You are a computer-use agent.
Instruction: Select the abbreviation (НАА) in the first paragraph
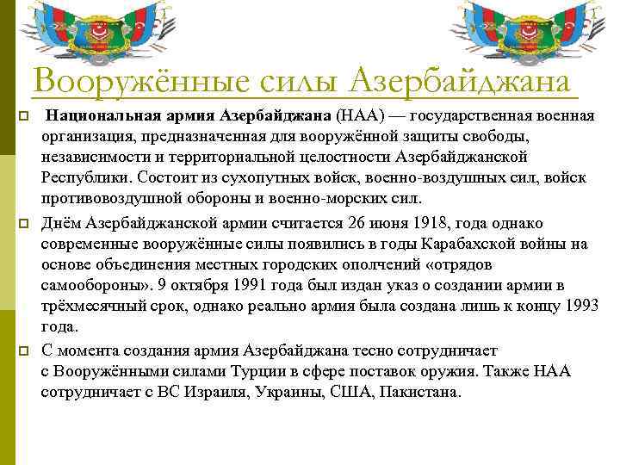(360, 116)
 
